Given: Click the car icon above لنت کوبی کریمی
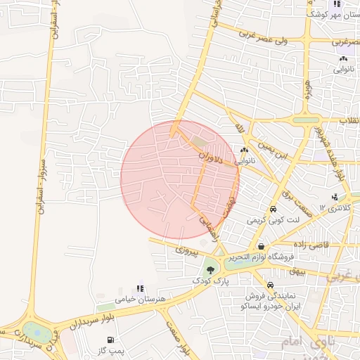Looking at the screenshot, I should pyautogui.click(x=272, y=209).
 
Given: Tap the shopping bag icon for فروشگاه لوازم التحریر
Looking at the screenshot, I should pyautogui.click(x=262, y=245).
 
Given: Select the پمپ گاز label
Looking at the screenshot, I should pyautogui.click(x=111, y=350).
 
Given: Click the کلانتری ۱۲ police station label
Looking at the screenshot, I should pyautogui.click(x=333, y=208).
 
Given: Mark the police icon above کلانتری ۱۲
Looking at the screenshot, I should pyautogui.click(x=334, y=197).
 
